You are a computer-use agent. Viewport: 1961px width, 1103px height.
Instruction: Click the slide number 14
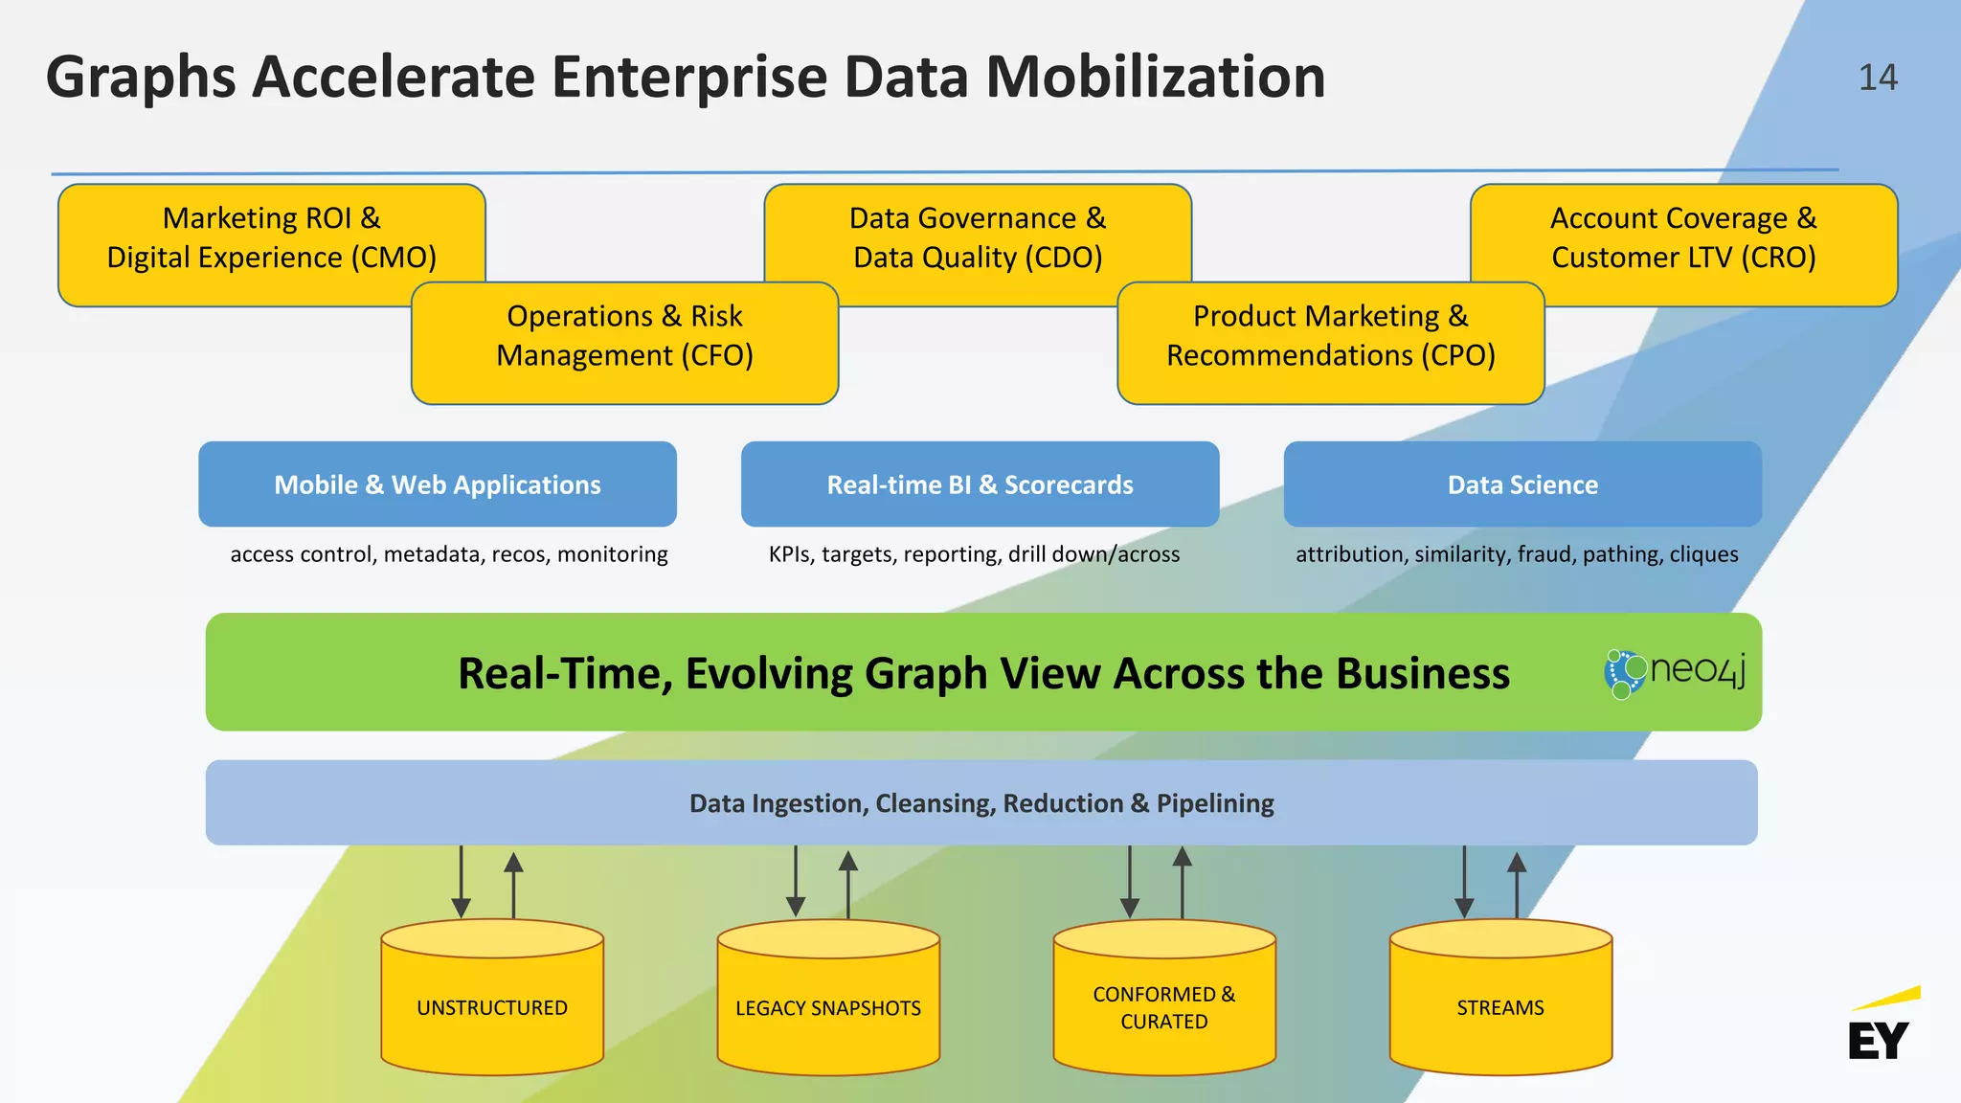pos(1878,78)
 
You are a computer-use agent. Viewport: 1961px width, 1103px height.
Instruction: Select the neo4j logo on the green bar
pos(1675,673)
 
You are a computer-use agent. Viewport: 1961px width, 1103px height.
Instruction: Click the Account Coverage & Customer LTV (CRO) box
pos(1683,238)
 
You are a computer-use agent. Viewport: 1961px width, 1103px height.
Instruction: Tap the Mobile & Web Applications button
pos(438,484)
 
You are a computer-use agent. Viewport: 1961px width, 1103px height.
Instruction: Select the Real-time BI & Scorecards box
pos(980,484)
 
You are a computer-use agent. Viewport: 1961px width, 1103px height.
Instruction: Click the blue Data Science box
pos(1522,484)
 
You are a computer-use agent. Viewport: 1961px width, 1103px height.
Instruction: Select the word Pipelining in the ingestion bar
pos(1215,803)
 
